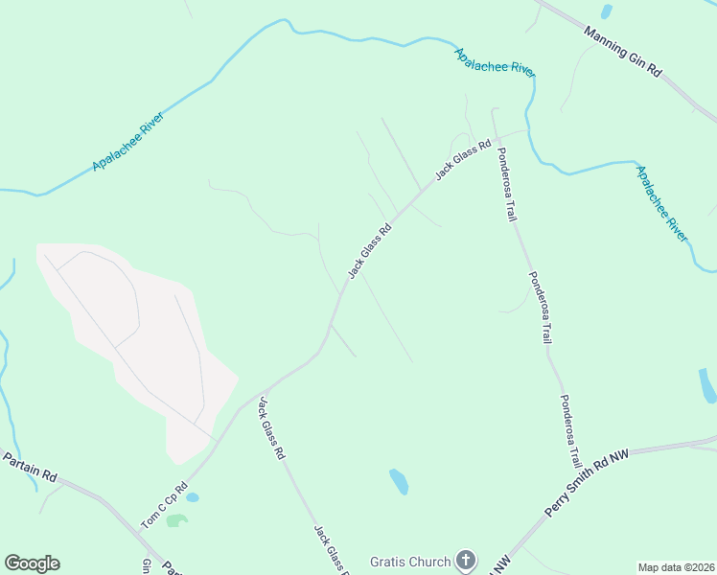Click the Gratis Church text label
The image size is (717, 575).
pyautogui.click(x=410, y=562)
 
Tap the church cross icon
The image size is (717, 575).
pyautogui.click(x=465, y=561)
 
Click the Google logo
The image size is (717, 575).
pyautogui.click(x=32, y=563)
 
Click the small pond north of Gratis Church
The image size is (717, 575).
pyautogui.click(x=399, y=481)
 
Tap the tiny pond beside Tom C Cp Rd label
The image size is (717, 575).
pyautogui.click(x=193, y=497)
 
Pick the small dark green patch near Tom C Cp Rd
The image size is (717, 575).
pyautogui.click(x=176, y=520)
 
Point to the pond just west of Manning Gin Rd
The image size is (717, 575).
pyautogui.click(x=606, y=11)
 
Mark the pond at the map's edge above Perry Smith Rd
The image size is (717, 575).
pyautogui.click(x=707, y=385)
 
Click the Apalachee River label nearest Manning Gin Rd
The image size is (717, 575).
pyautogui.click(x=495, y=62)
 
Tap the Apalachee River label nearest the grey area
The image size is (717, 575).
pyautogui.click(x=128, y=142)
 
